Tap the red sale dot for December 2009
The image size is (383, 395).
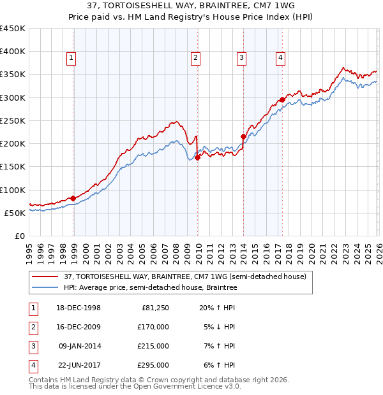(198, 158)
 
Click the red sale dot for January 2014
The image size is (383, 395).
(243, 136)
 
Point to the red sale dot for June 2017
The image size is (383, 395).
(282, 99)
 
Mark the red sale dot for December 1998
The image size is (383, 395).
(73, 198)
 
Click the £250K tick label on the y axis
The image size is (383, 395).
(12, 120)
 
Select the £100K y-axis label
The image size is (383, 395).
(12, 190)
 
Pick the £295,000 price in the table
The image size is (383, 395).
(154, 365)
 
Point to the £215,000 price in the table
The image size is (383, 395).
(154, 346)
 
